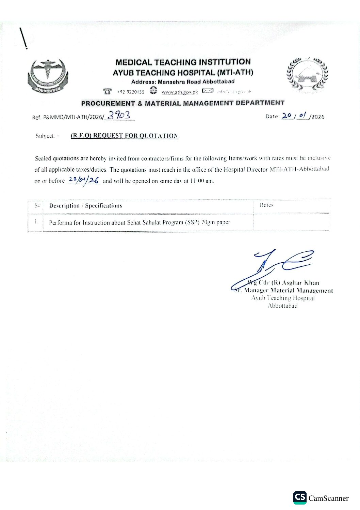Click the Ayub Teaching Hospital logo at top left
(x=48, y=76)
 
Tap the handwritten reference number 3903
(x=119, y=115)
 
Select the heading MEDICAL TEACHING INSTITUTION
(x=183, y=62)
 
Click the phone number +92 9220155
(x=130, y=92)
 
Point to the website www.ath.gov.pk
(x=179, y=92)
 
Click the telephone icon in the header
(x=108, y=91)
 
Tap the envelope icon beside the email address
(x=208, y=91)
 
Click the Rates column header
(x=266, y=205)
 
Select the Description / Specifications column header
(x=85, y=206)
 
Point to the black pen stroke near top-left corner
(x=23, y=38)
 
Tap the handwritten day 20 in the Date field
(x=287, y=115)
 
